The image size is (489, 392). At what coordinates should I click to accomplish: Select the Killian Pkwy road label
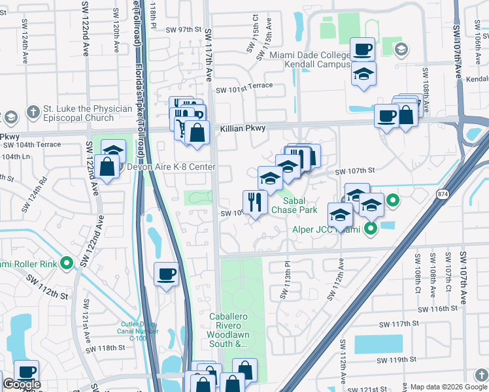(x=243, y=129)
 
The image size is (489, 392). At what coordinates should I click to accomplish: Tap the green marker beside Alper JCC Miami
(x=370, y=229)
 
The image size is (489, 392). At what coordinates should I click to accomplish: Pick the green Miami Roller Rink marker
(x=66, y=263)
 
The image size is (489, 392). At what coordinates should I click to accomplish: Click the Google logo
(x=22, y=385)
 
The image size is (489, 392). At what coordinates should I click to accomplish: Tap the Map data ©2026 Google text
(x=448, y=387)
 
